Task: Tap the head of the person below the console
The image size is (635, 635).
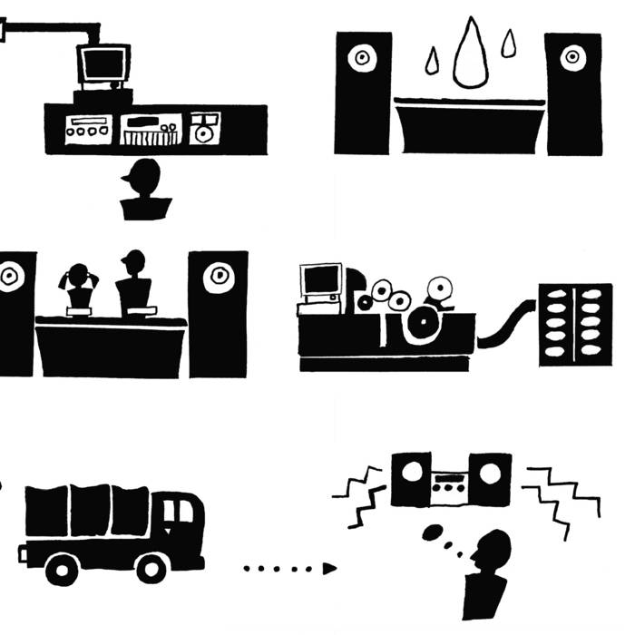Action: (144, 175)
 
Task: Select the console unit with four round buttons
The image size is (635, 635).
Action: (87, 128)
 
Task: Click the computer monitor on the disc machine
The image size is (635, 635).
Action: (321, 282)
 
